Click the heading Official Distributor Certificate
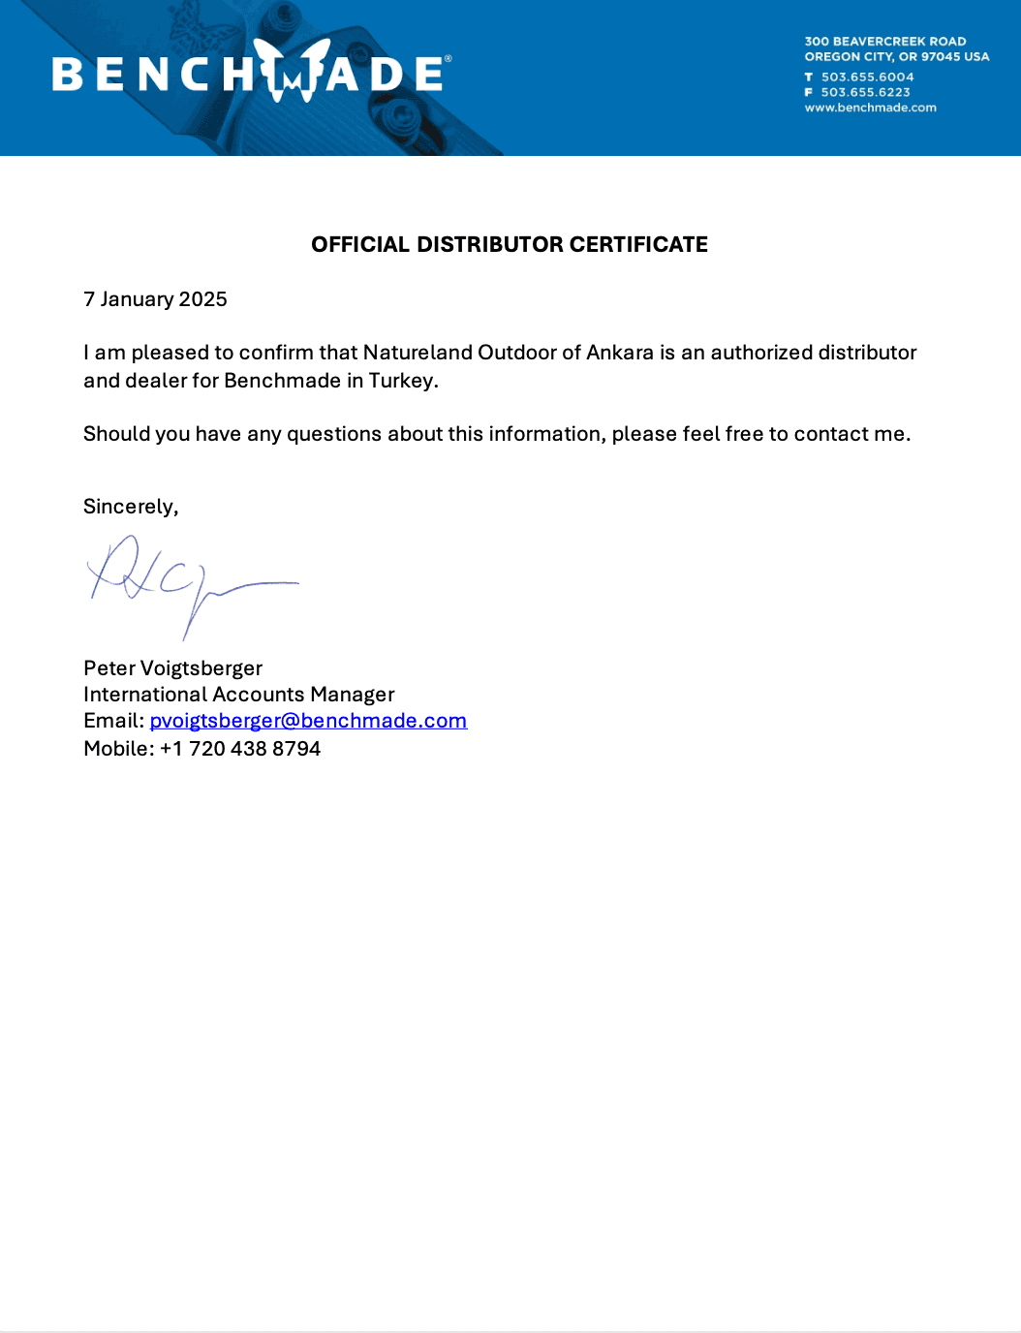coord(510,244)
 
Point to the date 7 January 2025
coord(155,299)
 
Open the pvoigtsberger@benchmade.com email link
coord(308,721)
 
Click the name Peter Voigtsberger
coord(172,668)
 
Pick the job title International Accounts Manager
coord(238,695)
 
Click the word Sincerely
coord(130,507)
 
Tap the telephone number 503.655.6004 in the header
coord(867,77)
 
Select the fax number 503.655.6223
coord(865,93)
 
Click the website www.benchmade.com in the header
coord(870,108)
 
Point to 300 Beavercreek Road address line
coord(884,42)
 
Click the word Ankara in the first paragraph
coord(620,353)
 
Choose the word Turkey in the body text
coord(402,381)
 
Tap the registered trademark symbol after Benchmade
coord(448,60)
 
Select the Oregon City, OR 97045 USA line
coord(896,57)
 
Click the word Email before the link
coord(111,721)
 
